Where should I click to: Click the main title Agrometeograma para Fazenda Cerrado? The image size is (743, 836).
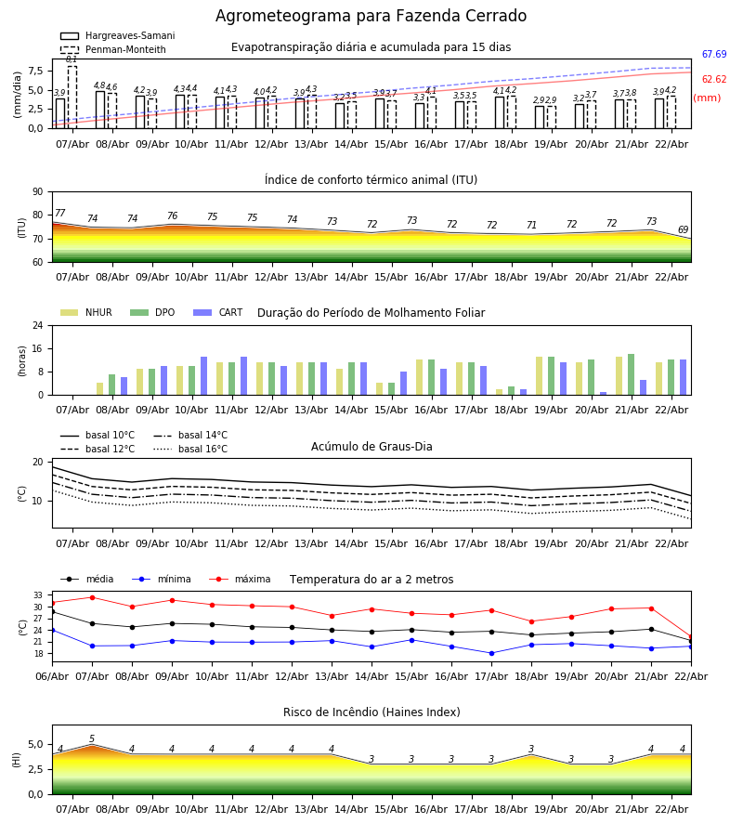(371, 17)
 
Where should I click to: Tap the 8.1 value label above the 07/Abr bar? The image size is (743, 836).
(72, 59)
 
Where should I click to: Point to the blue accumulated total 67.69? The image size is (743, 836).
(714, 55)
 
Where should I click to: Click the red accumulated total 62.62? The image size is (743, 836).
(714, 80)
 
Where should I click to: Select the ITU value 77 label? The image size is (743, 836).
(60, 214)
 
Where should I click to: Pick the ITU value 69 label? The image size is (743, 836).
(684, 230)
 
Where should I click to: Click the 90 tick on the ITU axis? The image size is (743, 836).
(37, 192)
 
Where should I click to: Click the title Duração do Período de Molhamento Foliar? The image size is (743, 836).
(371, 313)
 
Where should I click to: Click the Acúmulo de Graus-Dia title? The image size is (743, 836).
(371, 447)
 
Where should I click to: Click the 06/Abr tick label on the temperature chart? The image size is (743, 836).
(52, 675)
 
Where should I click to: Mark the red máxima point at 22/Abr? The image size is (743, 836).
(691, 636)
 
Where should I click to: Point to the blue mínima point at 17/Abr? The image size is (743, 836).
(491, 653)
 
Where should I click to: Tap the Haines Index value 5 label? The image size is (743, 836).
(92, 739)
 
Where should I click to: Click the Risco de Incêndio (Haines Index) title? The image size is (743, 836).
(371, 712)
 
